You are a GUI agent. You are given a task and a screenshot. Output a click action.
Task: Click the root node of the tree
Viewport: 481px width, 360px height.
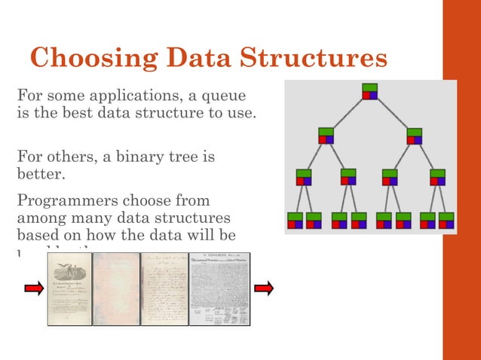click(369, 91)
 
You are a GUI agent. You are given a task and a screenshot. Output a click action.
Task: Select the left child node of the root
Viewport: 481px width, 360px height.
click(326, 136)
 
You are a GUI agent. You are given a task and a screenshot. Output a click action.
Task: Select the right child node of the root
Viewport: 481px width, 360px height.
click(414, 136)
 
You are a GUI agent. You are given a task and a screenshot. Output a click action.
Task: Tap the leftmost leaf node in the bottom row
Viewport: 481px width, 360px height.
click(295, 220)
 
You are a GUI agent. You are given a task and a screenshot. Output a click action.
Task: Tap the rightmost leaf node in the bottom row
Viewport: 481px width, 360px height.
click(446, 220)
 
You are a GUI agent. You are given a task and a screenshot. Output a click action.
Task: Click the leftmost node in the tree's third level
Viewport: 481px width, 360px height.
click(304, 177)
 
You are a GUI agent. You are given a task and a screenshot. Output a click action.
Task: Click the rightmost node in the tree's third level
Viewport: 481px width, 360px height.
click(437, 177)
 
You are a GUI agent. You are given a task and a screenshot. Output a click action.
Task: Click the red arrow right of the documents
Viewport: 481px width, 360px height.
click(263, 288)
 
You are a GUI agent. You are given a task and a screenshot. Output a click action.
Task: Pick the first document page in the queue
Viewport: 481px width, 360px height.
click(70, 289)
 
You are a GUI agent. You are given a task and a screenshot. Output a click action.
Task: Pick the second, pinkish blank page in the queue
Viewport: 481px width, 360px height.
click(117, 289)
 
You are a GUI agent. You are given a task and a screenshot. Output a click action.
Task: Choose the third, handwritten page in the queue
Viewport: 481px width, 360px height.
click(164, 289)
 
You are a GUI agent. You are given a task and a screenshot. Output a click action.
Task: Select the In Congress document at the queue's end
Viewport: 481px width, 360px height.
click(219, 289)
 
